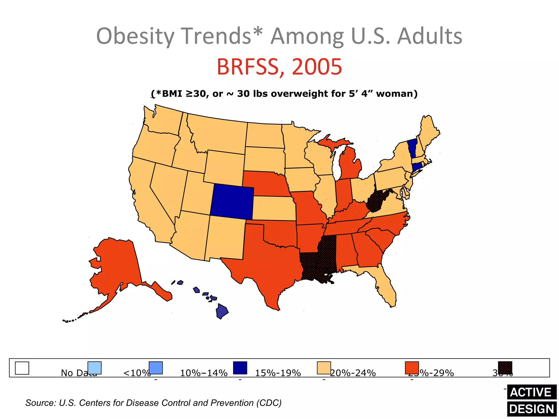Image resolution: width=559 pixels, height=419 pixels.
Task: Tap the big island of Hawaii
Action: (222, 312)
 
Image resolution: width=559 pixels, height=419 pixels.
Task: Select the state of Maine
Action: (429, 131)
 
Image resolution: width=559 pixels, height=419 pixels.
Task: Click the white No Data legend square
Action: (22, 368)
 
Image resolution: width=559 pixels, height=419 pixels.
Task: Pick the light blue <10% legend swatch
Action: (94, 368)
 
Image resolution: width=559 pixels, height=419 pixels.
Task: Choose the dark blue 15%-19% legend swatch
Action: (240, 368)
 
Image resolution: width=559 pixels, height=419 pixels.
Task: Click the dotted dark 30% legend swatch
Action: (505, 368)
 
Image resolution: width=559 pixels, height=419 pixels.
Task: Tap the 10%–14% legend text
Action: (204, 373)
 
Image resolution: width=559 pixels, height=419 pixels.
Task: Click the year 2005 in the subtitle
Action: (317, 67)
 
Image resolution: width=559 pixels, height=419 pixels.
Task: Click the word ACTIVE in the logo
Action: (531, 392)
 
